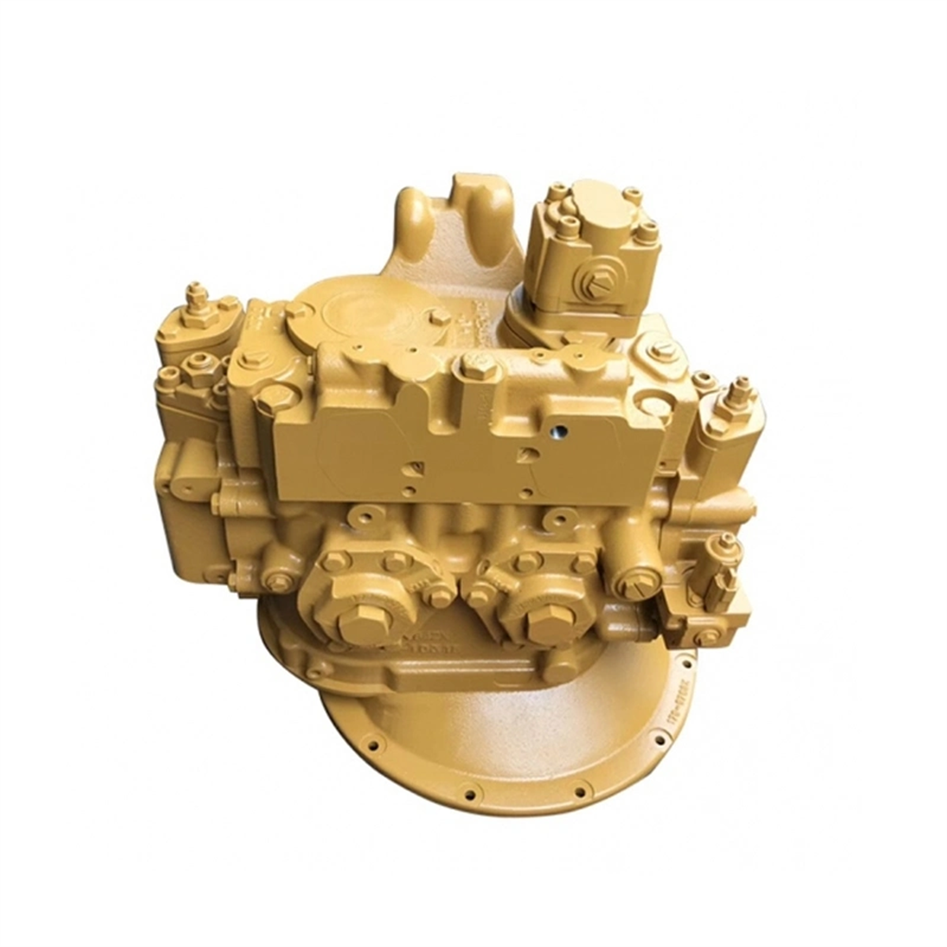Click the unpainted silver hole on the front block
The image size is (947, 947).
tap(559, 432)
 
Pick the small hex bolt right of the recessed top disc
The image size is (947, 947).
tap(436, 317)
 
